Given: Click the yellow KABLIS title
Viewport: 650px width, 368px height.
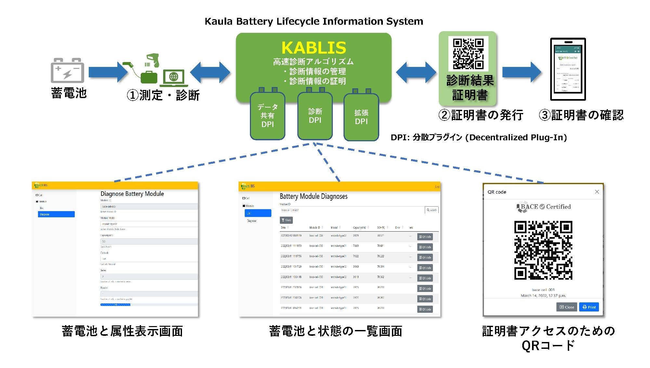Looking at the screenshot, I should (314, 48).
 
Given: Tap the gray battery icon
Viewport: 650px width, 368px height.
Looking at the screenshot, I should (67, 70).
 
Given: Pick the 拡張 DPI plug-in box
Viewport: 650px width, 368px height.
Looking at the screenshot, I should (361, 117).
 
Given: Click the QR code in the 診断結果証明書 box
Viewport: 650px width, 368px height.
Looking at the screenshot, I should (468, 54).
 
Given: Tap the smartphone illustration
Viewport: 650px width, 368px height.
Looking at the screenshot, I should (568, 69).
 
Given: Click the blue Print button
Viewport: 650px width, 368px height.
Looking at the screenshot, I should (589, 307).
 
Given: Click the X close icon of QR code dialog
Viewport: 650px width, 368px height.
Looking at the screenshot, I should (597, 192).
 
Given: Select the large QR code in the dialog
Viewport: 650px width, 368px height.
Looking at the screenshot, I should (543, 250).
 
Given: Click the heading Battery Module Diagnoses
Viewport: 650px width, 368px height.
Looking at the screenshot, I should (313, 196).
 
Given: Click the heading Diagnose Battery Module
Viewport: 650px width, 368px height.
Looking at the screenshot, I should (132, 194).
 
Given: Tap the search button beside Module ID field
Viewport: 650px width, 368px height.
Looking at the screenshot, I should (432, 210).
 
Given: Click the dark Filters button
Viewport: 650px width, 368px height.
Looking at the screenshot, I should (286, 220).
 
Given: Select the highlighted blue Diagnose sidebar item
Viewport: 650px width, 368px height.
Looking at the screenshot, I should (56, 214).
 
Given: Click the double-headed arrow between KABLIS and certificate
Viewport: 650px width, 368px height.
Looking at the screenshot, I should (416, 72).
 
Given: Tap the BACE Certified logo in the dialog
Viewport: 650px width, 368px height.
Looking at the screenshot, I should (543, 207).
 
